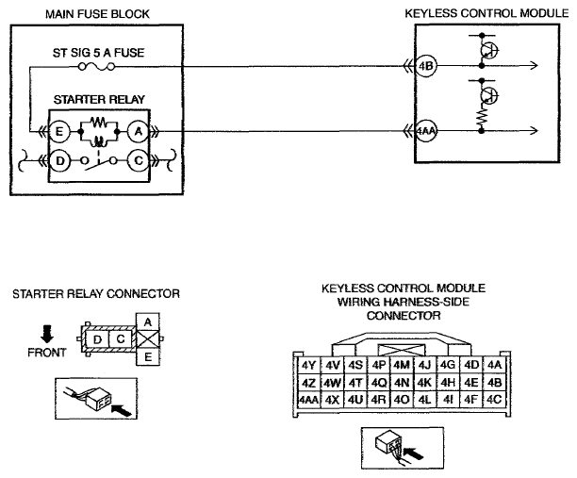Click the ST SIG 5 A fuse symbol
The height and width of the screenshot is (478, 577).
pyautogui.click(x=97, y=67)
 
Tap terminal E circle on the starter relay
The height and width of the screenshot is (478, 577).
pyautogui.click(x=59, y=131)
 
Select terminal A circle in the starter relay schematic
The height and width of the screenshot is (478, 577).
pyautogui.click(x=138, y=131)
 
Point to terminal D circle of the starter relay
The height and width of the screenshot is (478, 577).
pyautogui.click(x=59, y=161)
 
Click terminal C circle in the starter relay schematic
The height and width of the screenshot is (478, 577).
pyautogui.click(x=138, y=161)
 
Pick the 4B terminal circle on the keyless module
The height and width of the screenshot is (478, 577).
pyautogui.click(x=426, y=66)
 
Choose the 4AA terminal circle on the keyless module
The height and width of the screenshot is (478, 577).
pyautogui.click(x=426, y=131)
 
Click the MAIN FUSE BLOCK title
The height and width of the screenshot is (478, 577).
pyautogui.click(x=97, y=14)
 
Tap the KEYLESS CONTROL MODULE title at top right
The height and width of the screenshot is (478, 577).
pyautogui.click(x=486, y=13)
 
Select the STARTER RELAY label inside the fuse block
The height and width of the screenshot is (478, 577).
pyautogui.click(x=99, y=99)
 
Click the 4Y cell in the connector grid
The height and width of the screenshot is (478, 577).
pyautogui.click(x=308, y=366)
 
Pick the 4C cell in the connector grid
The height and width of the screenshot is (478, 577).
pyautogui.click(x=494, y=399)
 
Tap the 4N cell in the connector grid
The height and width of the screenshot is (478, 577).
pyautogui.click(x=402, y=383)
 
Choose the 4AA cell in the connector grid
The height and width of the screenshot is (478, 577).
pyautogui.click(x=308, y=399)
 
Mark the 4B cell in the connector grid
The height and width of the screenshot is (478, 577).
pyautogui.click(x=494, y=383)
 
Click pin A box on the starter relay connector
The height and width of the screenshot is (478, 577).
pyautogui.click(x=148, y=322)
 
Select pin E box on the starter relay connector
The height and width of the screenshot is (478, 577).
pyautogui.click(x=148, y=356)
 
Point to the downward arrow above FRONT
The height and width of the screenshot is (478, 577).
pyautogui.click(x=47, y=334)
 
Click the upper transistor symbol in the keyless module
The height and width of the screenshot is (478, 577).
pyautogui.click(x=489, y=50)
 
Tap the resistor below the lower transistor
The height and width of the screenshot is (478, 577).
pyautogui.click(x=482, y=116)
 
